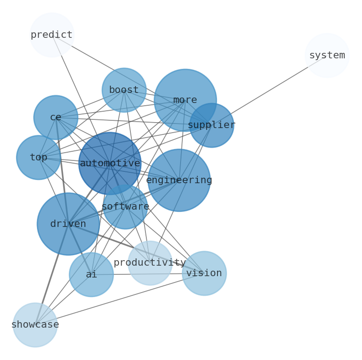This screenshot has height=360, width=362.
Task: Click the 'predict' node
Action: click(52, 35)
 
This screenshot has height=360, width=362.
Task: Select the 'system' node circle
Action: click(327, 56)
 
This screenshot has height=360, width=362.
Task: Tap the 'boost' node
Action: click(124, 90)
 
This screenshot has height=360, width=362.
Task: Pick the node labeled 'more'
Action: click(185, 100)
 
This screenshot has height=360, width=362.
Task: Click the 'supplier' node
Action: click(212, 125)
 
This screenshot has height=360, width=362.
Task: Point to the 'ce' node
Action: click(56, 118)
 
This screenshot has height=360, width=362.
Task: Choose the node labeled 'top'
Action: click(38, 158)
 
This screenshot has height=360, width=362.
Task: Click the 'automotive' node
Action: click(110, 163)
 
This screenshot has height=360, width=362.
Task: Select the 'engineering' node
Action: click(179, 180)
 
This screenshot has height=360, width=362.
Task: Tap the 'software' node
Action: click(125, 207)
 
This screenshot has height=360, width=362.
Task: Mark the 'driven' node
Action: click(68, 224)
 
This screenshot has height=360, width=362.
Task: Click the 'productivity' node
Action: click(150, 263)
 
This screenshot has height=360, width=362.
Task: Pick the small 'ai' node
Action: click(91, 275)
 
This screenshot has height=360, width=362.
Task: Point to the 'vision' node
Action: click(204, 273)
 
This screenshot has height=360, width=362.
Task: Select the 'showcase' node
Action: click(35, 325)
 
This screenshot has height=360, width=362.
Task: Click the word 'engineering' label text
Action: click(179, 180)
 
